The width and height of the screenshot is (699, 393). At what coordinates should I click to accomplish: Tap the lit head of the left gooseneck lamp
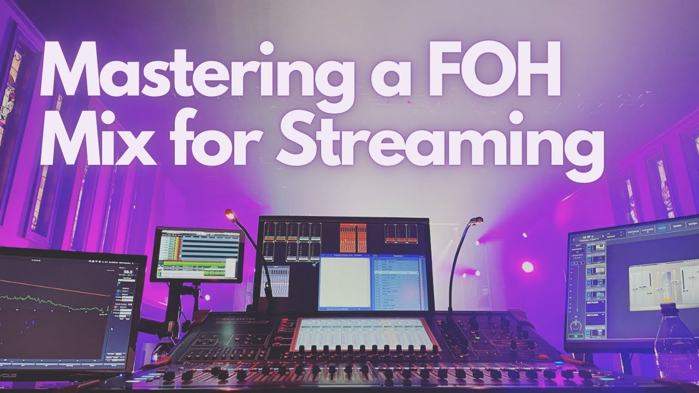(229, 215)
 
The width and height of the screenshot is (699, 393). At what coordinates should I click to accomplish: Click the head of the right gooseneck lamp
(477, 221)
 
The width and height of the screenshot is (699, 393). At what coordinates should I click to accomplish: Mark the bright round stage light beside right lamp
(527, 267)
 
